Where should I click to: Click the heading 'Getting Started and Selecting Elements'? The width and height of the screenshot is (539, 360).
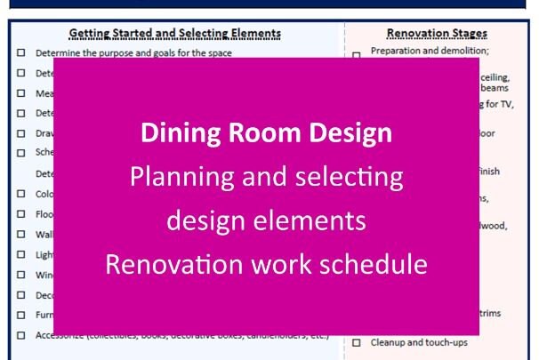coord(175,34)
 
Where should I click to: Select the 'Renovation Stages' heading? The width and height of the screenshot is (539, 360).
coord(437,34)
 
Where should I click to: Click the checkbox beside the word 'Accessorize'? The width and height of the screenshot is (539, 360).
coord(20,336)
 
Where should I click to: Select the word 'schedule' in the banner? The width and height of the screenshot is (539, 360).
coord(373,264)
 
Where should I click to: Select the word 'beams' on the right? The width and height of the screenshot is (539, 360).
coord(495,89)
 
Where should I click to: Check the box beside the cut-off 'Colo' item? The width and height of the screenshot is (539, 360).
coord(20,193)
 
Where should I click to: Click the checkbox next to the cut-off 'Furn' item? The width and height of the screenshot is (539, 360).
coord(20,315)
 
